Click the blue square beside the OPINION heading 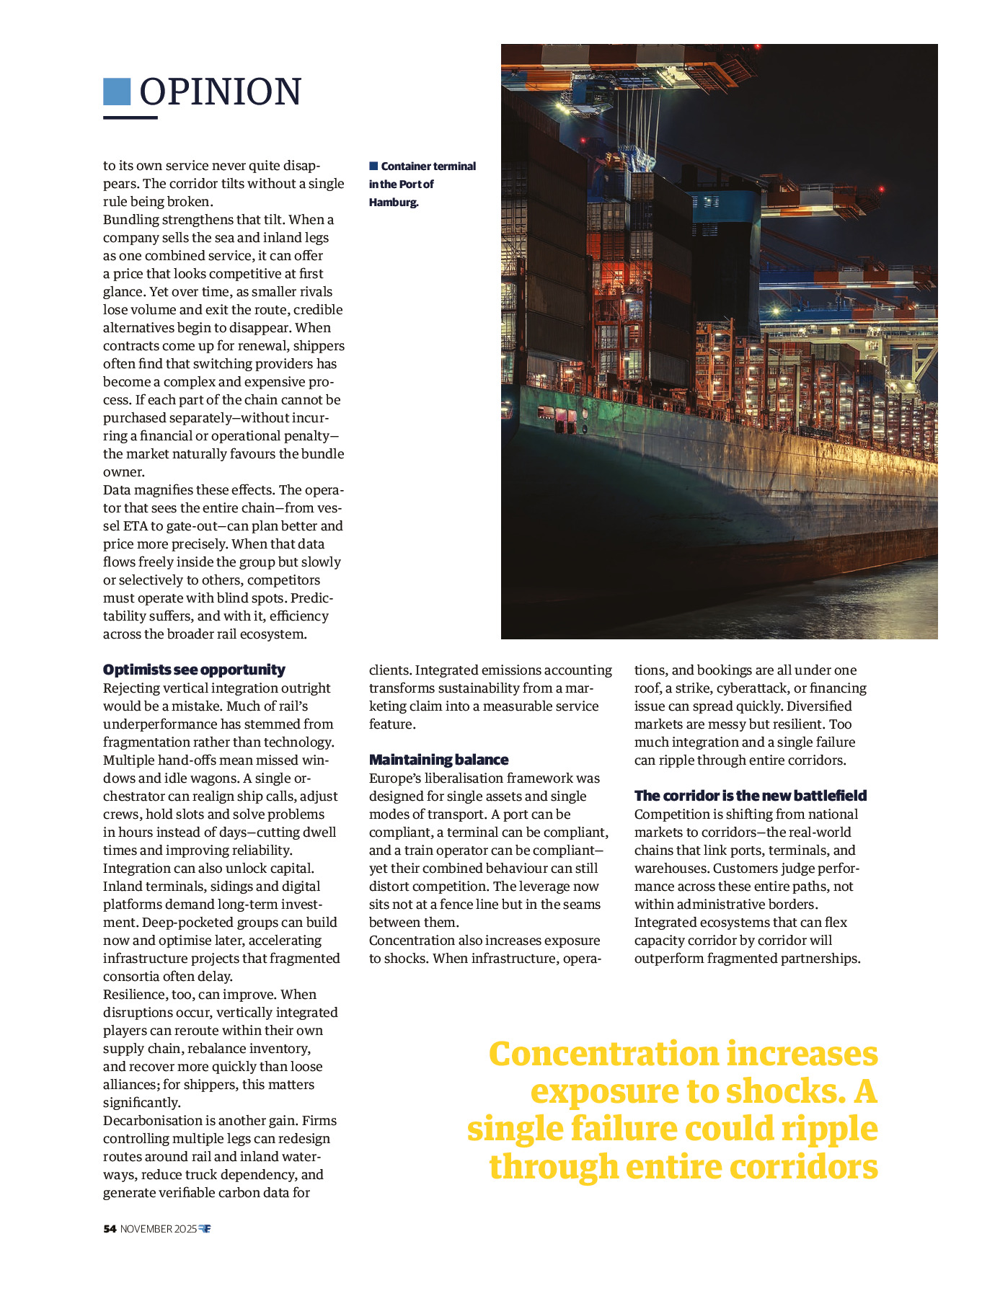pos(117,92)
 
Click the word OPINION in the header pos(220,92)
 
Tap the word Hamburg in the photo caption pos(393,203)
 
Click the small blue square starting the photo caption pos(373,166)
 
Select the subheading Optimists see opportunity pos(194,670)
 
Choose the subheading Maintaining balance pos(438,760)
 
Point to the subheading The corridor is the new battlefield pos(750,796)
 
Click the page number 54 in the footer pos(110,1229)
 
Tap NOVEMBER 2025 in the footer pos(158,1229)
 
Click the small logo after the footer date pos(205,1229)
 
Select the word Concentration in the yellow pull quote pos(603,1054)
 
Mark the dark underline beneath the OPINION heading pos(131,117)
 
